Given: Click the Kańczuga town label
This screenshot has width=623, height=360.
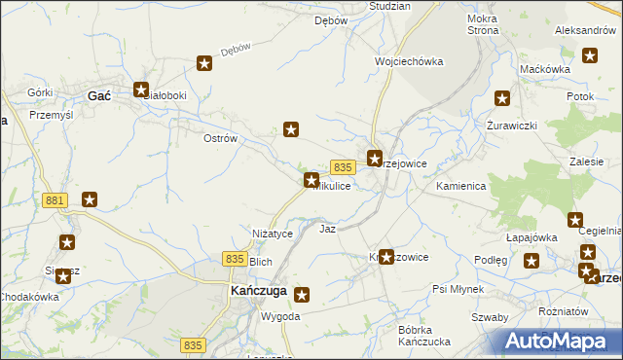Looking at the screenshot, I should click(257, 291).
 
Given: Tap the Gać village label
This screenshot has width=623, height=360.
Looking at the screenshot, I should click(98, 96).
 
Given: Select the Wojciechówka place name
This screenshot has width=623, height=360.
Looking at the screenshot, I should click(409, 61).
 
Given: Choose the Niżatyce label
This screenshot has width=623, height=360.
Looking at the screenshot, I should click(273, 234).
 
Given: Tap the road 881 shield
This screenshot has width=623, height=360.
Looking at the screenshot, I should click(55, 200).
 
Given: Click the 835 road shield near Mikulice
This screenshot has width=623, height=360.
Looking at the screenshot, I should click(341, 167).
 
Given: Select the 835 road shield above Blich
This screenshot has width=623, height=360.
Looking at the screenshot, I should click(234, 258).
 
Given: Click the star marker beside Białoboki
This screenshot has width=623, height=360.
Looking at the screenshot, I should click(142, 89).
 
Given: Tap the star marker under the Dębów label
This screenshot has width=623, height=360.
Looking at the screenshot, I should click(205, 64).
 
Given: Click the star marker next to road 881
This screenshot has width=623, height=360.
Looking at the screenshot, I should click(90, 200).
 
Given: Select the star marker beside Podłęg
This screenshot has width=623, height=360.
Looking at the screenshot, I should click(531, 261).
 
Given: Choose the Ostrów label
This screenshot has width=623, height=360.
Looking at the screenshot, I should click(220, 139).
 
